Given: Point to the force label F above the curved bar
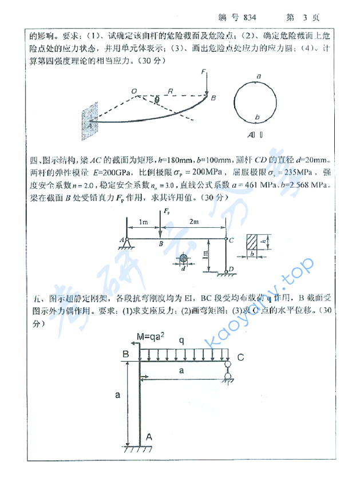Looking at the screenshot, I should pos(203,72).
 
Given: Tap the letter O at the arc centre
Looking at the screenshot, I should pos(133,90).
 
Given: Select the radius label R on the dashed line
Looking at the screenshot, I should pos(169,90).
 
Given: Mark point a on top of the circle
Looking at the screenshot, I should pos(259,76).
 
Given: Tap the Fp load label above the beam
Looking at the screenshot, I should pos(167,211).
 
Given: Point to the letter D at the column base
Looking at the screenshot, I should pos(230,269).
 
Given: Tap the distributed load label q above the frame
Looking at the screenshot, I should pos(181,339).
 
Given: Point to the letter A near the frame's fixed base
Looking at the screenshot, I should pos(149,436).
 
